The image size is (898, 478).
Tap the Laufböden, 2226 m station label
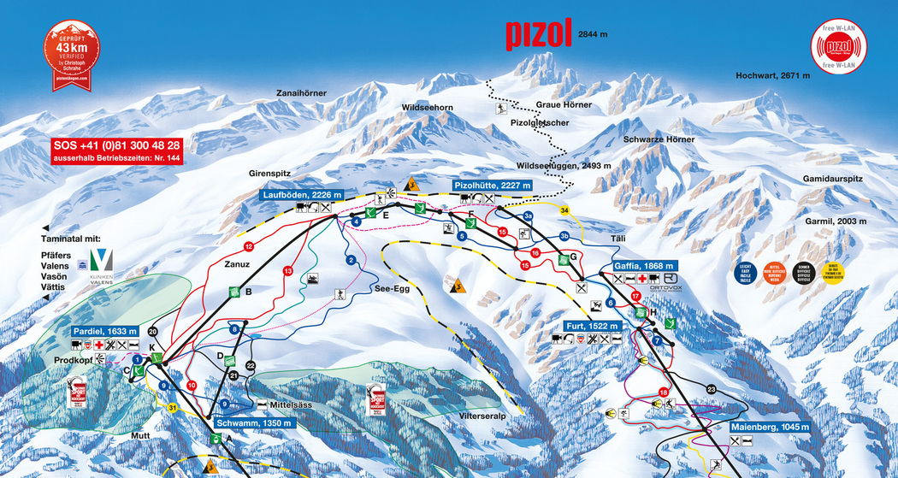tap(302, 195)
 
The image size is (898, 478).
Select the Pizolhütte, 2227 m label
tap(492, 185)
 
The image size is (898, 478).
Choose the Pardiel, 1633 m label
tap(105, 331)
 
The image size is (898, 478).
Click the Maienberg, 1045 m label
tap(770, 427)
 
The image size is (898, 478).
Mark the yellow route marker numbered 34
tap(564, 209)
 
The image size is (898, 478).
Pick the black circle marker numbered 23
tap(710, 390)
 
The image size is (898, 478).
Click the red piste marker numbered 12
tap(249, 246)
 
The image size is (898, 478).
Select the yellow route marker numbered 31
tap(173, 407)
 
